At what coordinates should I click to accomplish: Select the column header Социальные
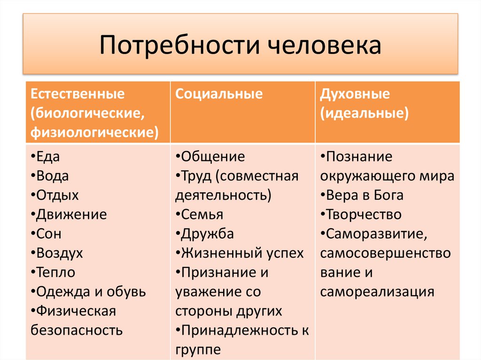[x=219, y=94]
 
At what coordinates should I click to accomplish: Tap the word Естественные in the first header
[x=78, y=94]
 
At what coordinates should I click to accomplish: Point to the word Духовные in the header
[x=355, y=94]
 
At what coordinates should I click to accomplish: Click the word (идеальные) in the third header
[x=364, y=113]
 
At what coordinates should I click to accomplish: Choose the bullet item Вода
[x=51, y=176]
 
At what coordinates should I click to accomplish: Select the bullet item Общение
[x=212, y=157]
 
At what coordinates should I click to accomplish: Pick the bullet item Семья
[x=202, y=214]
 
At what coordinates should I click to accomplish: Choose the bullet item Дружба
[x=207, y=234]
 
